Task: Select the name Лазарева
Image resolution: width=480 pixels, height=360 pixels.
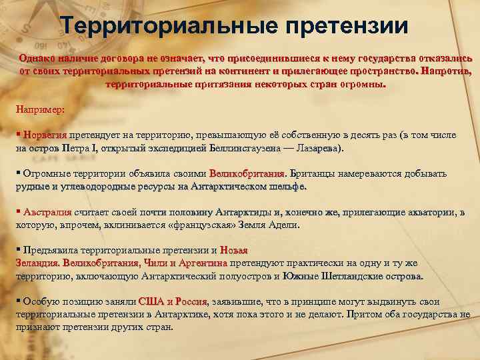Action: click(x=314, y=148)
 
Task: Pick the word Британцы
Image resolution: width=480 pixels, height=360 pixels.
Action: click(x=314, y=174)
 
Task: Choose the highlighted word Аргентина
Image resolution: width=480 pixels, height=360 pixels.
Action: click(x=203, y=263)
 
